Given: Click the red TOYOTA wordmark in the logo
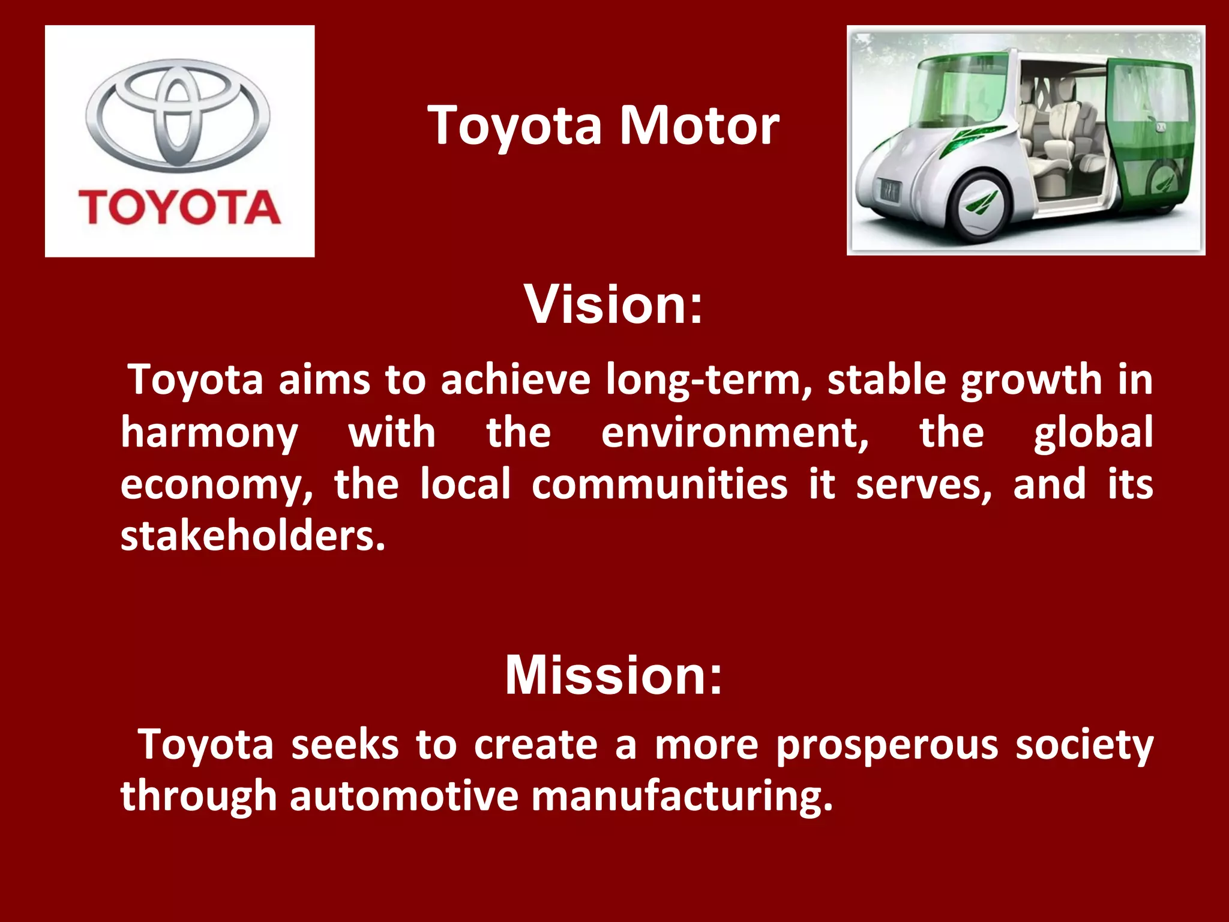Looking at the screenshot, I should click(x=179, y=207).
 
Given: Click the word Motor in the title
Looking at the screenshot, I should click(x=699, y=125).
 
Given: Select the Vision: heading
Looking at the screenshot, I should click(x=613, y=304).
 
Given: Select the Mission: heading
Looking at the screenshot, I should click(x=613, y=675).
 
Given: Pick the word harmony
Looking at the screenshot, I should click(x=209, y=433).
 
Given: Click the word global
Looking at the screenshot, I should click(x=1092, y=433).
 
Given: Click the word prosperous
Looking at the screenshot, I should click(x=887, y=746).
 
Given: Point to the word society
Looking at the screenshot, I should click(x=1084, y=746).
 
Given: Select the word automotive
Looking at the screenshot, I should click(x=403, y=796).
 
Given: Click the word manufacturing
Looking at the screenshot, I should click(x=682, y=797).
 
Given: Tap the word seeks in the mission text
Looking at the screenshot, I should click(x=344, y=745).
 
